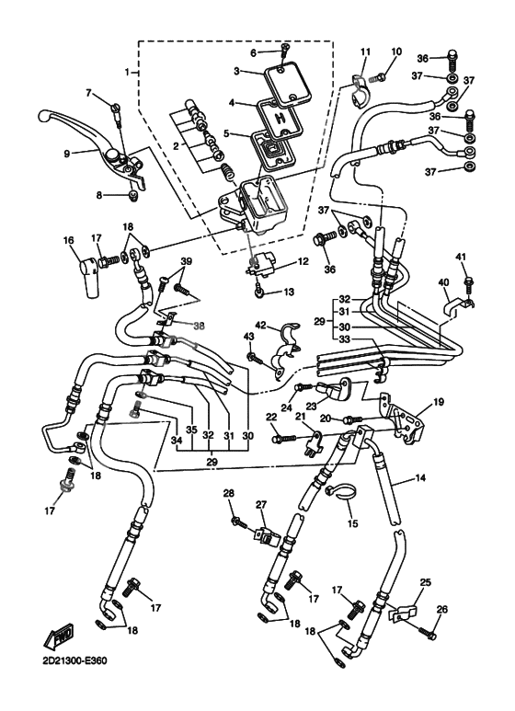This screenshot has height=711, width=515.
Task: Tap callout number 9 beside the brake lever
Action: [x=66, y=155]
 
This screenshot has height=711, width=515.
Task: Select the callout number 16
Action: [x=67, y=240]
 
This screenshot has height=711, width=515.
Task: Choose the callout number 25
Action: [x=425, y=583]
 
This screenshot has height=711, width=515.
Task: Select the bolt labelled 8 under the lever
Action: [x=132, y=193]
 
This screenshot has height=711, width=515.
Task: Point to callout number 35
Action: [x=192, y=430]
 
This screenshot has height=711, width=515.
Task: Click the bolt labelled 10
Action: [x=387, y=67]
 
